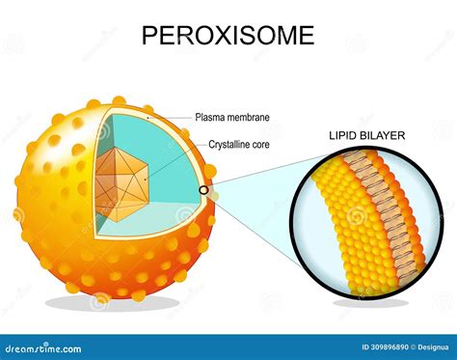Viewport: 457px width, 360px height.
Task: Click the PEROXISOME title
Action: pyautogui.click(x=228, y=36)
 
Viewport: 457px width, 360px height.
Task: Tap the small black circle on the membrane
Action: pyautogui.click(x=204, y=190)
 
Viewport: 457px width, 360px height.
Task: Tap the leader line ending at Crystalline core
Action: pyautogui.click(x=178, y=160)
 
